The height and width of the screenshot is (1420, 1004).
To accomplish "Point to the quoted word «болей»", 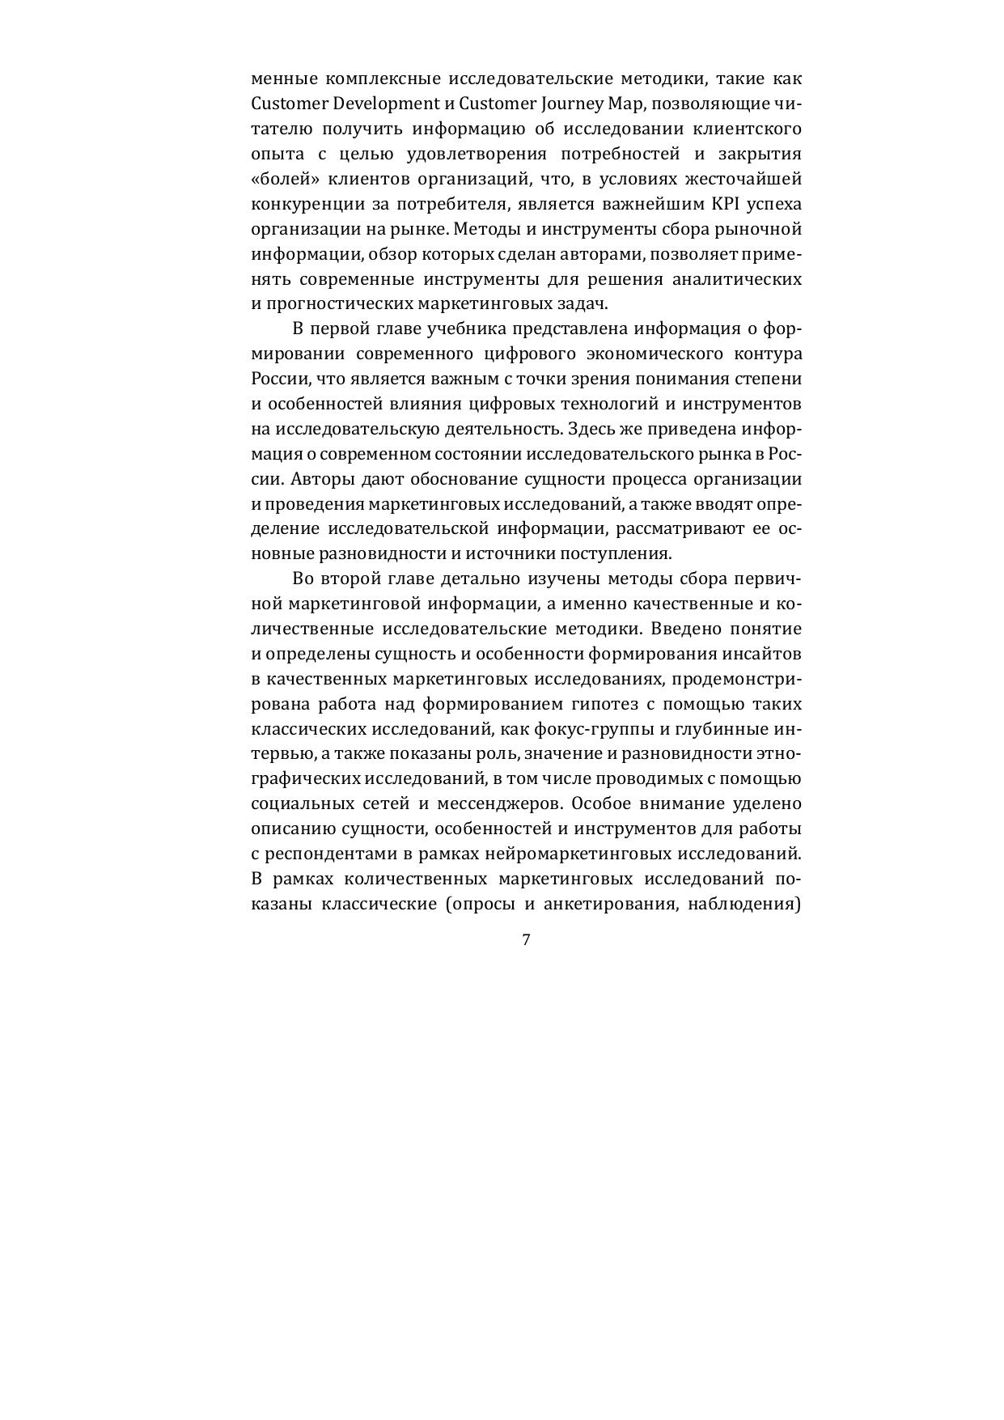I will tap(281, 179).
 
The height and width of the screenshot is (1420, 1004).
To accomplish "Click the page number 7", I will tap(527, 939).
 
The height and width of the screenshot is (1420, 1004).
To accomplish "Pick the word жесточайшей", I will tap(750, 179).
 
